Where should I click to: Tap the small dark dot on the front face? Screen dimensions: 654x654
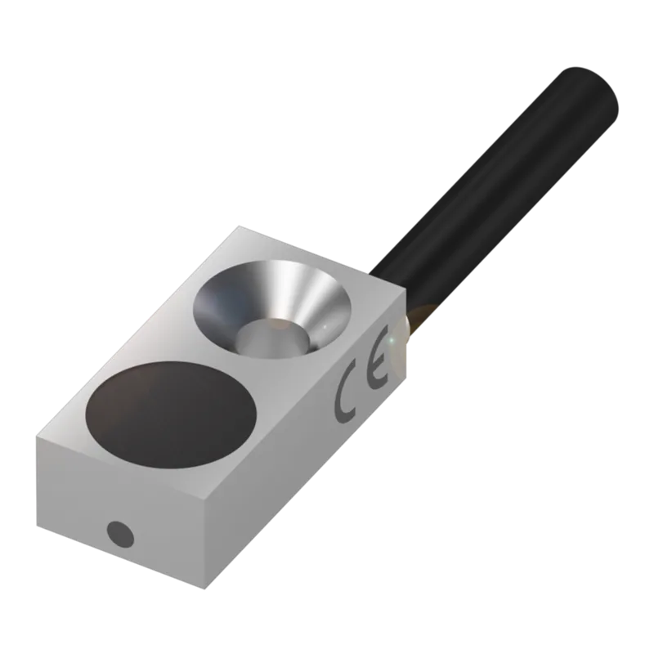click(120, 535)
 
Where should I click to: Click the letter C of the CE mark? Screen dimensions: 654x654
click(346, 396)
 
